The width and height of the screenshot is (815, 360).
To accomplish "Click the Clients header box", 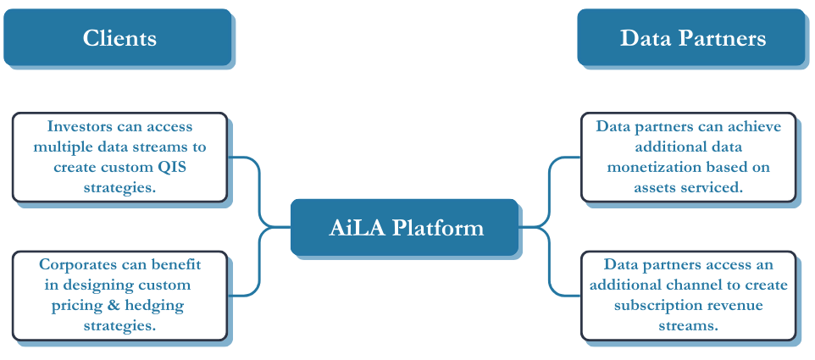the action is click(118, 37).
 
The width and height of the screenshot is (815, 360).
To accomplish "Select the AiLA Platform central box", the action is click(404, 227).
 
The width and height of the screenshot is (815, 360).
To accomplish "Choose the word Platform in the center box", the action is click(438, 228).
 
